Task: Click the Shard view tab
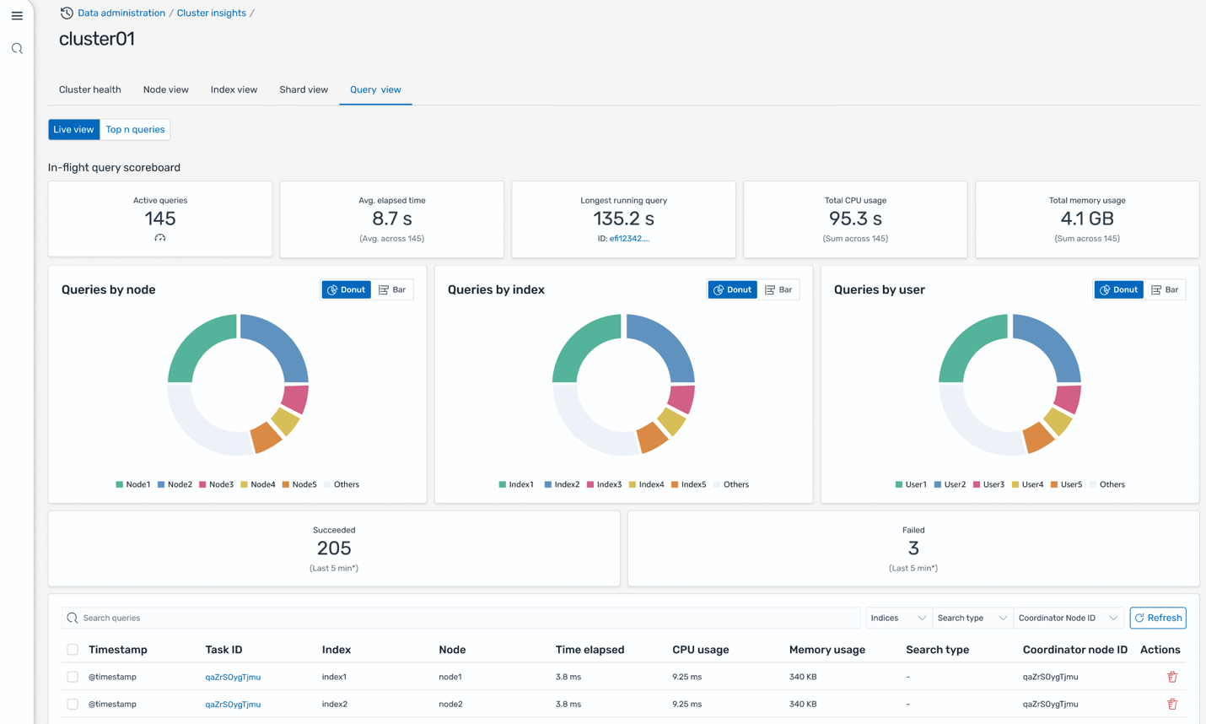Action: click(304, 89)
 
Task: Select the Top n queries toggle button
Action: click(135, 129)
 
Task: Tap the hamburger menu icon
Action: click(17, 16)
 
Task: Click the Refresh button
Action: click(1157, 618)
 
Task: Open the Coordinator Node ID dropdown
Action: click(1068, 618)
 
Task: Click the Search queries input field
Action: click(464, 618)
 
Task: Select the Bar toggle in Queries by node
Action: click(392, 289)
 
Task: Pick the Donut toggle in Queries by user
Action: click(1118, 289)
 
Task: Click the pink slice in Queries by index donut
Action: click(681, 399)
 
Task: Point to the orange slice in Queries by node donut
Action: click(266, 437)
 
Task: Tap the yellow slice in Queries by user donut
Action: click(1058, 420)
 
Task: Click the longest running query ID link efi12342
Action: click(629, 239)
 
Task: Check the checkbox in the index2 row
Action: click(73, 704)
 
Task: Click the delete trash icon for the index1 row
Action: click(1171, 677)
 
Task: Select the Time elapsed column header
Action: click(590, 650)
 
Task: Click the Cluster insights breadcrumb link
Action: click(211, 13)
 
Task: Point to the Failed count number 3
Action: click(913, 548)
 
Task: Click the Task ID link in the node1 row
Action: click(233, 677)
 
